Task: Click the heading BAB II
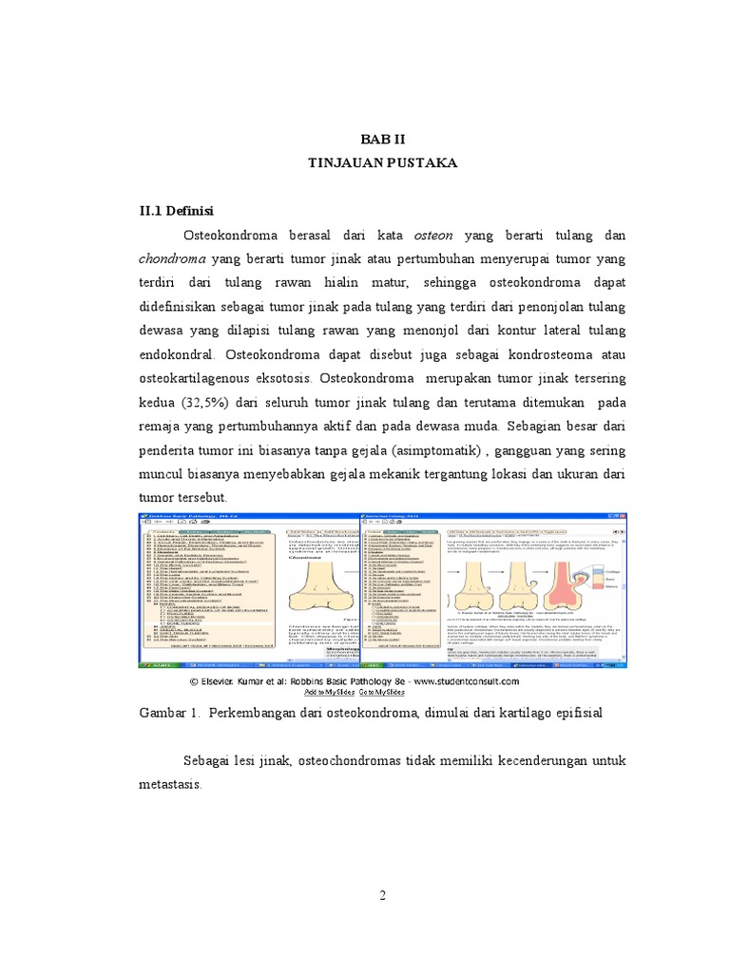(x=382, y=136)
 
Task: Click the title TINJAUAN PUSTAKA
(x=382, y=163)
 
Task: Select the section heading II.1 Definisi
(x=176, y=210)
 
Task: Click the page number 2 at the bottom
(x=382, y=895)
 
